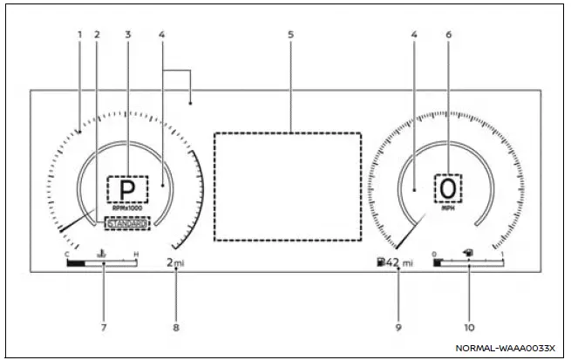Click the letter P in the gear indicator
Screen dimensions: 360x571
pos(127,189)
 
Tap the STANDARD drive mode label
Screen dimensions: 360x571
pos(127,223)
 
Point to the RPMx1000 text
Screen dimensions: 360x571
pos(127,208)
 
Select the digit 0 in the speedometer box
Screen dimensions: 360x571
pos(448,188)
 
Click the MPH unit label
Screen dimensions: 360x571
pos(448,209)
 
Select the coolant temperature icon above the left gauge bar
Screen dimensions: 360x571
pos(102,255)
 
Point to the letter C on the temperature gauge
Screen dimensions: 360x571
pos(67,255)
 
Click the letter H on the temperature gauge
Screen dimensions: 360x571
pos(135,255)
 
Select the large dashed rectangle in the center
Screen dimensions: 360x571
pos(288,187)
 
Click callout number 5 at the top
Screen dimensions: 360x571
pos(291,35)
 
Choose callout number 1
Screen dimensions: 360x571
pos(79,35)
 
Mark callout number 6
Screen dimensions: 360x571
pos(448,35)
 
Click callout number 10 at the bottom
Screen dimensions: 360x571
pos(469,328)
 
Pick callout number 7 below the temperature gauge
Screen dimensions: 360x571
pos(102,328)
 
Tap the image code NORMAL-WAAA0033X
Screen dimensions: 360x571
pos(505,348)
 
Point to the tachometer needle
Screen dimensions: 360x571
pos(77,223)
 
